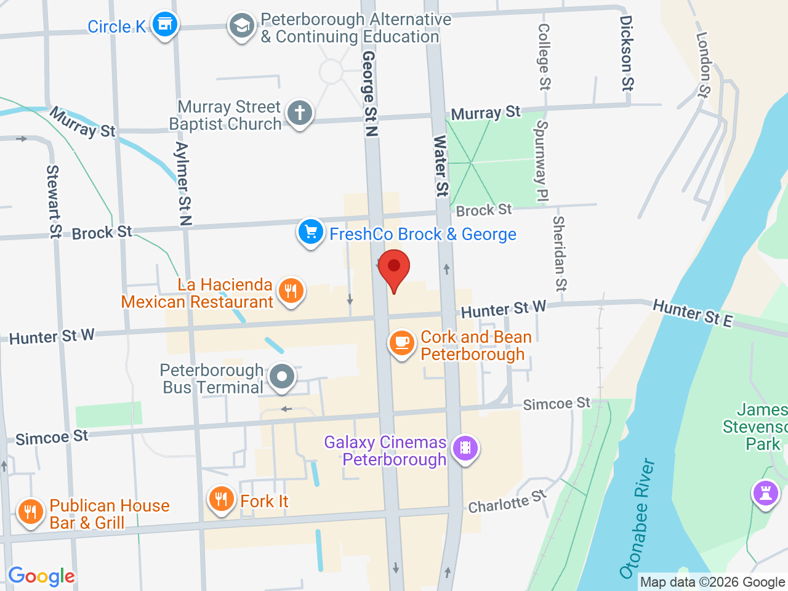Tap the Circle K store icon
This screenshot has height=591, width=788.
tap(164, 25)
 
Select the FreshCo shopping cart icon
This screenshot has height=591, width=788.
tap(311, 232)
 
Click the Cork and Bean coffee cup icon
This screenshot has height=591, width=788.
tap(402, 342)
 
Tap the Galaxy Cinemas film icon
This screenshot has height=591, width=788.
tap(465, 448)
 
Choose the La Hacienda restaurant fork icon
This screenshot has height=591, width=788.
tap(291, 290)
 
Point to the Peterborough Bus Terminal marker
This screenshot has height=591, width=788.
tap(283, 376)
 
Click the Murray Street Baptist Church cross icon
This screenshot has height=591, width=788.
tap(300, 113)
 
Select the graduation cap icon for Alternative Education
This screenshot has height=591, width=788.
tap(241, 26)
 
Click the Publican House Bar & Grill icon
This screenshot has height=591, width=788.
tap(30, 512)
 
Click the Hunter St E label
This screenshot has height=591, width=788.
tap(693, 313)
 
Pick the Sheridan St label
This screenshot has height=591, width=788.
tap(559, 253)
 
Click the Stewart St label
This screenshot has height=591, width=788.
tap(54, 201)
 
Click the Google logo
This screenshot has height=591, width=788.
tap(41, 576)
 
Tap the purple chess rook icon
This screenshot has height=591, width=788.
tap(766, 493)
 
